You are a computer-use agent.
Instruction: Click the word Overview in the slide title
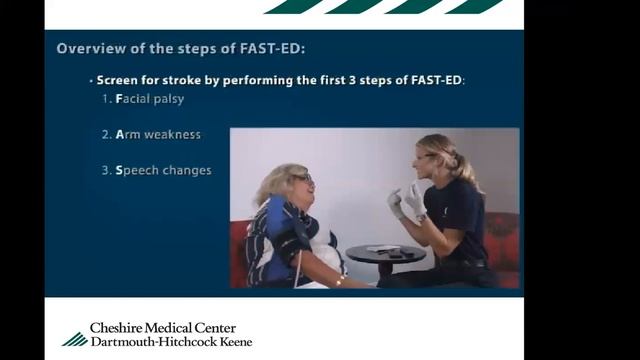(86, 48)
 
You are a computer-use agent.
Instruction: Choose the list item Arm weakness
(151, 135)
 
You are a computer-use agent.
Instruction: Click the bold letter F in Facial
(119, 100)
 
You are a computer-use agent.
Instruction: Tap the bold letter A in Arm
(120, 135)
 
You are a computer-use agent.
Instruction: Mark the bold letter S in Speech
(119, 170)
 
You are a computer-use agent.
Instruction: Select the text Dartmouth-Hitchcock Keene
(171, 342)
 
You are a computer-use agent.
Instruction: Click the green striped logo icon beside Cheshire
(74, 338)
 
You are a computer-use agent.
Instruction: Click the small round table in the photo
(385, 254)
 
